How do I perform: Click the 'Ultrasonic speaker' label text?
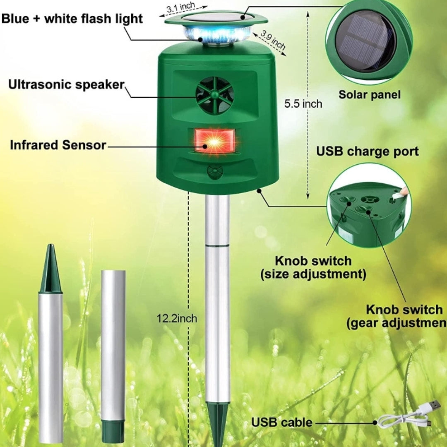click(66, 85)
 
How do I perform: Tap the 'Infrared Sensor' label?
click(58, 145)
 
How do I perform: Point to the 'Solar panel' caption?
click(369, 95)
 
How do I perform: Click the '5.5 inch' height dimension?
click(303, 104)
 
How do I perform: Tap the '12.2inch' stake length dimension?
click(177, 318)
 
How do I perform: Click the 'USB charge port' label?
click(368, 151)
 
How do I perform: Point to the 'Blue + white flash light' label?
click(72, 19)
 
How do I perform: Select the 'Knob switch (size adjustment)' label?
click(313, 267)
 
